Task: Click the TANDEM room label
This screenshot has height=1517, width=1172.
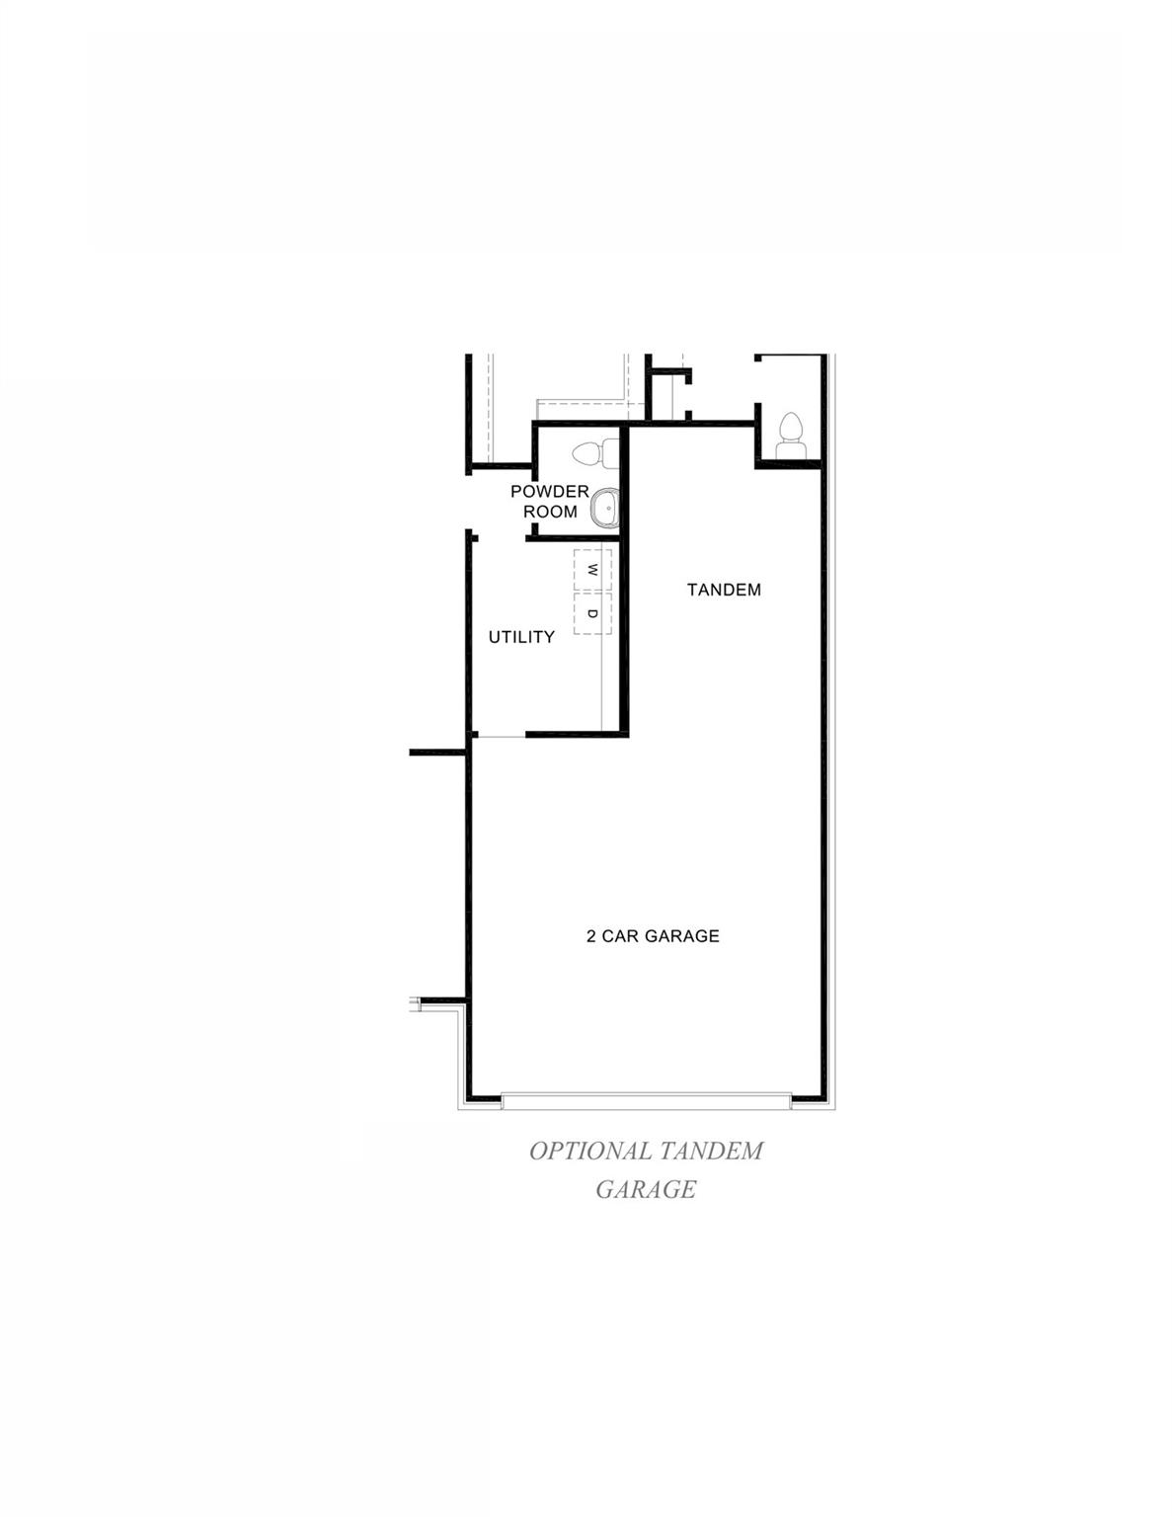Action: (x=724, y=590)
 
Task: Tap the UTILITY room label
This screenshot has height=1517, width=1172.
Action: (x=521, y=637)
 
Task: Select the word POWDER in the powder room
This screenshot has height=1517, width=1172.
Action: (x=549, y=492)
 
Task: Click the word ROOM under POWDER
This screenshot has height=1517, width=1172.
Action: (x=550, y=512)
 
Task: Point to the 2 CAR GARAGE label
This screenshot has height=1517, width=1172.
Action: (x=653, y=935)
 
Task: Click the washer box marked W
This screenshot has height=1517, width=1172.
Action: (x=592, y=570)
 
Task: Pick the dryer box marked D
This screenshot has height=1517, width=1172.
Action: (x=592, y=613)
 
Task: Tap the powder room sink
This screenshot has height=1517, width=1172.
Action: (x=603, y=510)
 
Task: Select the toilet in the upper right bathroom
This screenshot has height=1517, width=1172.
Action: (x=789, y=435)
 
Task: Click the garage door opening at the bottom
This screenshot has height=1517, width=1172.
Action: (x=646, y=1099)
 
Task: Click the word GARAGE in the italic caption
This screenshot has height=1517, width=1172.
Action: (x=646, y=1189)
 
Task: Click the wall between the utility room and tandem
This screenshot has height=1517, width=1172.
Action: (x=625, y=632)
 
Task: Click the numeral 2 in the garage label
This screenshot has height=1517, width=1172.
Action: (x=591, y=935)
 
